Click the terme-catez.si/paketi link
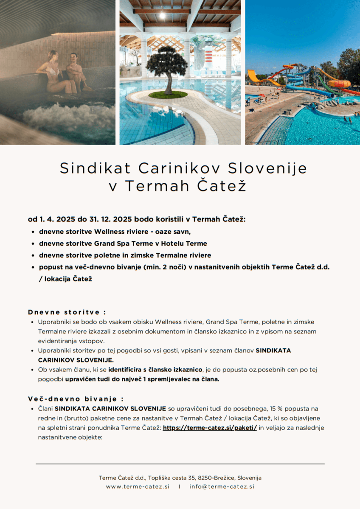point(210,428)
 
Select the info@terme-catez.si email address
point(222,487)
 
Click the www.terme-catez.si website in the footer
point(138,487)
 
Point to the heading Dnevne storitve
point(67,312)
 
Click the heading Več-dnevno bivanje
point(76,399)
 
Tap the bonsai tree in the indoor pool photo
point(167,68)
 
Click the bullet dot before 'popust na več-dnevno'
point(33,268)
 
